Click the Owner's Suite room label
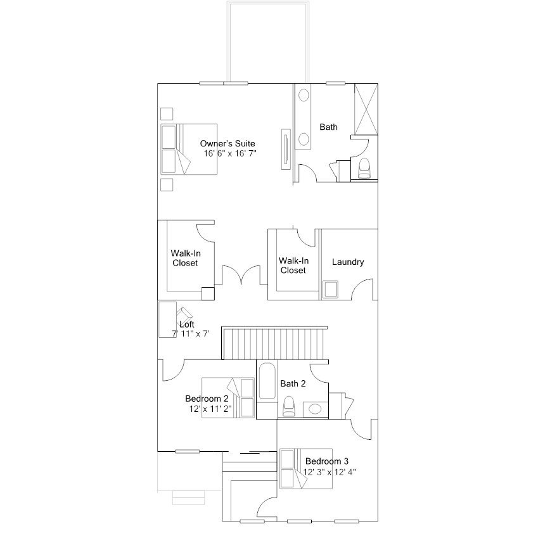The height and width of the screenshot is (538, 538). [x=227, y=143]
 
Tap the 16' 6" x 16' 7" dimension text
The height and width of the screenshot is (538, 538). [x=230, y=153]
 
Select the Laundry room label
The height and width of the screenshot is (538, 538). [x=348, y=262]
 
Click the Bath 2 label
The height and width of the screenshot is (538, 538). [x=293, y=383]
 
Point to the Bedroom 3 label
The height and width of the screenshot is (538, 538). [x=326, y=461]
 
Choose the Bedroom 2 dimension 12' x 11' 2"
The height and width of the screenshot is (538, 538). [x=210, y=409]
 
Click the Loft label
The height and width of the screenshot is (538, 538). [x=187, y=324]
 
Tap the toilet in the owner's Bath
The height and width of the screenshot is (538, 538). [x=364, y=169]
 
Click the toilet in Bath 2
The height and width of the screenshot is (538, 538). [x=289, y=406]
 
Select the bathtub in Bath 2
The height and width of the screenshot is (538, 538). [x=267, y=381]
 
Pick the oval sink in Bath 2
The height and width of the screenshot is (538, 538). [x=315, y=409]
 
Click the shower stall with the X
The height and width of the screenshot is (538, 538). [x=366, y=109]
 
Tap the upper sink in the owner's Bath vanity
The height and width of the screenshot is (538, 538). [x=304, y=95]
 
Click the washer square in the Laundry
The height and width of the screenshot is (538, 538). [x=330, y=289]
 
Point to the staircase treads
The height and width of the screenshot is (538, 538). [x=274, y=344]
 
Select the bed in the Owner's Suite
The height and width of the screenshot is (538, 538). [x=189, y=150]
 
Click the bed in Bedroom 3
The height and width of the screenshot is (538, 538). [x=306, y=468]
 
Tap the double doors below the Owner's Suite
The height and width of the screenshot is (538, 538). [x=241, y=275]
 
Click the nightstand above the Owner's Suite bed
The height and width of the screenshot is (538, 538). [x=167, y=114]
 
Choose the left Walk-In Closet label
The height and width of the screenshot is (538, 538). [x=186, y=258]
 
